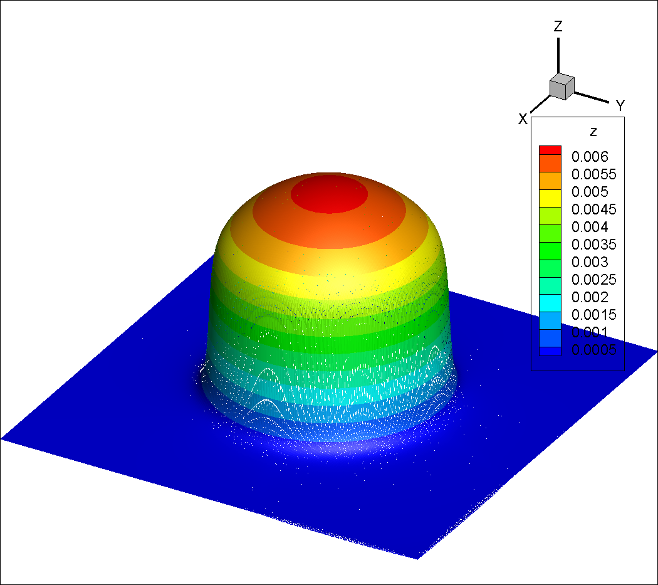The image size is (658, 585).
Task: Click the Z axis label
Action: [x=558, y=26]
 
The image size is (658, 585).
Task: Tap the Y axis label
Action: [x=620, y=106]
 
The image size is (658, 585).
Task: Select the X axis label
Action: [x=523, y=119]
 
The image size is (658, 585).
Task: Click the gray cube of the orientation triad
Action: [x=562, y=87]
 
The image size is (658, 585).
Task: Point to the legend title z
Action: [x=593, y=132]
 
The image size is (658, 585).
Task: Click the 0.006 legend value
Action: [x=590, y=157]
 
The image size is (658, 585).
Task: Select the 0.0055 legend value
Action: [x=594, y=174]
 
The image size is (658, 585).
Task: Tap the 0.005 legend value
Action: [x=590, y=192]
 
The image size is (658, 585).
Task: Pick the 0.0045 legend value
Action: [x=594, y=209]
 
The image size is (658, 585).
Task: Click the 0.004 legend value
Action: [x=590, y=227]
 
